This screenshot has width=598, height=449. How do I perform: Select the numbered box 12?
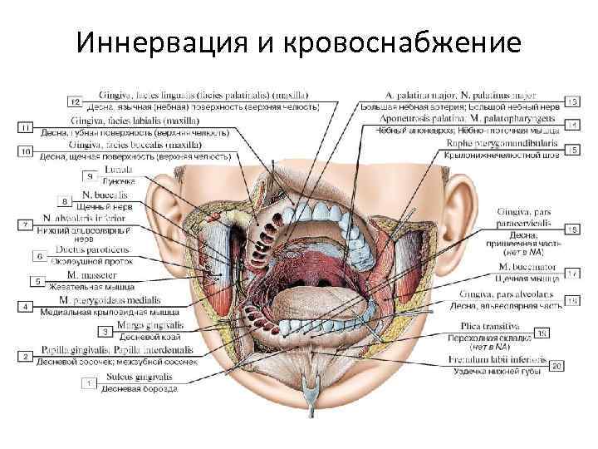click(x=75, y=101)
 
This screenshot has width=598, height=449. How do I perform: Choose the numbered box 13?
click(x=572, y=101)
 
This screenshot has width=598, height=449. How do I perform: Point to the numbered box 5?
click(x=38, y=281)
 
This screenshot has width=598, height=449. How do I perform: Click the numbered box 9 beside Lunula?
click(x=90, y=176)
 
